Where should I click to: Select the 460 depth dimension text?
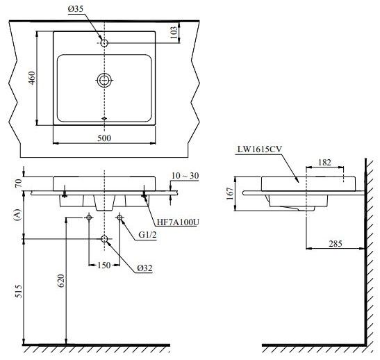30,77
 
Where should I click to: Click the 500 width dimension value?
104,138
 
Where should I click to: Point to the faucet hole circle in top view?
104,43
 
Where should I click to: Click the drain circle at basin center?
104,80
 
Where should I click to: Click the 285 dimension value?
336,243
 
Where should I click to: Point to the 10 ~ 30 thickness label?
185,176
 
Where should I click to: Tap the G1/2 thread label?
147,234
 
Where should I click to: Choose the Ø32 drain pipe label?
146,268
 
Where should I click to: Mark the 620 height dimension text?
60,281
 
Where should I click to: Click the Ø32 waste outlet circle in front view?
104,240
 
